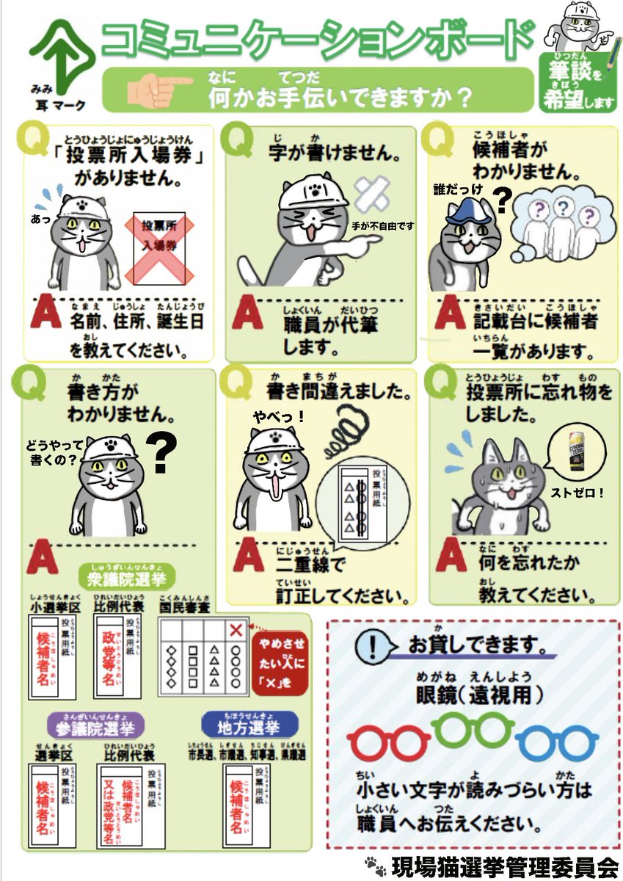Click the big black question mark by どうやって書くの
164,454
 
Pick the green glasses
472,728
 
